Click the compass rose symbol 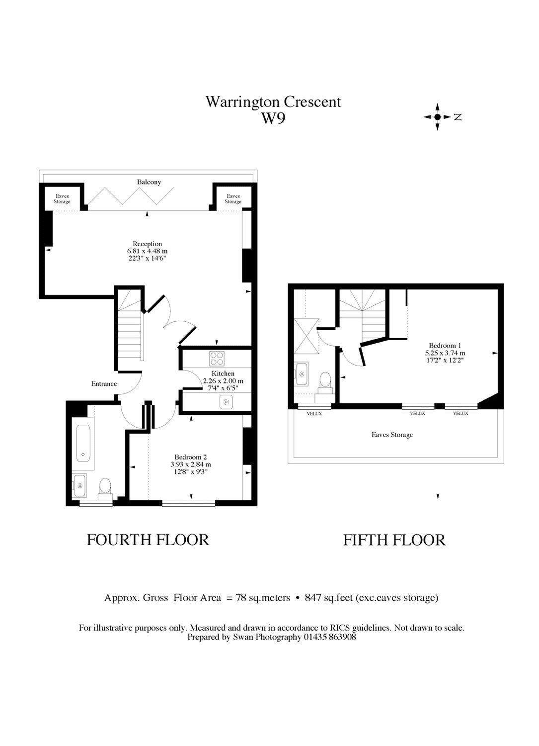click(x=438, y=117)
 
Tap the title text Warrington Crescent click(x=273, y=101)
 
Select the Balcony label click(x=149, y=182)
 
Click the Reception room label click(x=147, y=244)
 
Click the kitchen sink click(x=227, y=402)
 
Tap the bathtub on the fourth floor click(x=83, y=443)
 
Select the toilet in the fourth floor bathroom click(x=105, y=487)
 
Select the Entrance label click(x=104, y=383)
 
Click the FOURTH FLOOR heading click(x=148, y=540)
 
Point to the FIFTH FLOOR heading click(x=394, y=540)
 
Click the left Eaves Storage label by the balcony click(x=62, y=199)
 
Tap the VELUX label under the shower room click(x=314, y=413)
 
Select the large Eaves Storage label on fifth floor click(x=392, y=435)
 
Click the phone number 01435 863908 click(x=330, y=637)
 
